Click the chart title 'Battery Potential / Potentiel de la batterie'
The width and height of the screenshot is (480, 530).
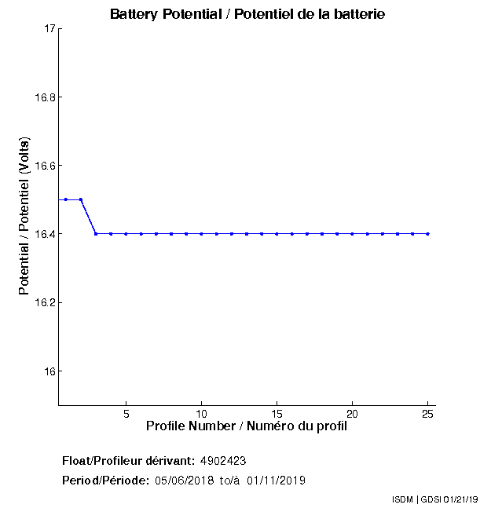click(x=247, y=14)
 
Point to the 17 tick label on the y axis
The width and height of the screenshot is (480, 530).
click(x=48, y=29)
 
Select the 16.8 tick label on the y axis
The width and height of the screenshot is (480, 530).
click(x=43, y=97)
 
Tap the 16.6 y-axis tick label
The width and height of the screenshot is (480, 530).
click(x=43, y=166)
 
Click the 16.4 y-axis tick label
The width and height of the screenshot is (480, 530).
click(x=43, y=234)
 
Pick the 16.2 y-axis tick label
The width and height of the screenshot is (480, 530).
click(x=43, y=302)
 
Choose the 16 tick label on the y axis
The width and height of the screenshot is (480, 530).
click(x=48, y=371)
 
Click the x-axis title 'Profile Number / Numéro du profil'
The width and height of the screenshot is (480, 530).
click(x=247, y=426)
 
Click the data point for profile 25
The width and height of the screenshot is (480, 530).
click(x=427, y=233)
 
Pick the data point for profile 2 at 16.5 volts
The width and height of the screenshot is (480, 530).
click(x=81, y=199)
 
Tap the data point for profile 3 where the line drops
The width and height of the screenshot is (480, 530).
click(x=96, y=233)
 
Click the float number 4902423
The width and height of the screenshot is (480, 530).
click(x=224, y=460)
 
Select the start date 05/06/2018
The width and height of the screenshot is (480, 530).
click(x=183, y=480)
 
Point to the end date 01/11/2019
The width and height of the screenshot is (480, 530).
click(x=276, y=480)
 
